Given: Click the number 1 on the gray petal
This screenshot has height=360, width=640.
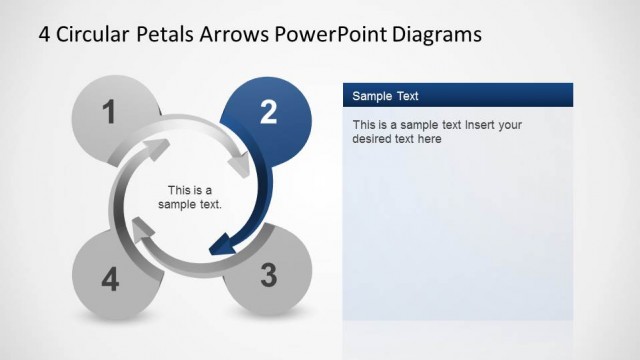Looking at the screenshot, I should click(110, 111).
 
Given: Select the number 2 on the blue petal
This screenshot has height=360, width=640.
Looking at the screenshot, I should click(268, 113).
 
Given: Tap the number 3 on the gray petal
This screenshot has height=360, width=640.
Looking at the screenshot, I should click(268, 275).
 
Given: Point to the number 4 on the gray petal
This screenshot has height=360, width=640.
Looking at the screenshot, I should click(110, 280).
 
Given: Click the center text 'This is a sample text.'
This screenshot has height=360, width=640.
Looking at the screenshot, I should click(190, 197).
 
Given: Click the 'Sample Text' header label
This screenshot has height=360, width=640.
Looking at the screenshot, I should click(385, 96).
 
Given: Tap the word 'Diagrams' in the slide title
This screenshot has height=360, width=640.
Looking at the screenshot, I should click(431, 34).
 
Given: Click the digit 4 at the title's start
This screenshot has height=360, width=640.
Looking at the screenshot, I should click(45, 34).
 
